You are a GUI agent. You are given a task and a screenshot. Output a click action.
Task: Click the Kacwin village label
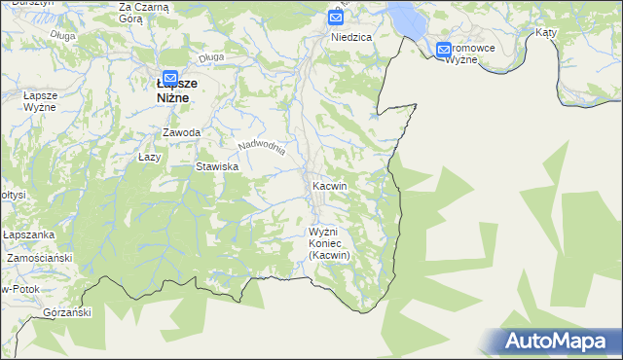coord(329,185)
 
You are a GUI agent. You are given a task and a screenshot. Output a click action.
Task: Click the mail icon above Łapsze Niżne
coord(169,77)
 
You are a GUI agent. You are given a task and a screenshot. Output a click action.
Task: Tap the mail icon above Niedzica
coord(336,18)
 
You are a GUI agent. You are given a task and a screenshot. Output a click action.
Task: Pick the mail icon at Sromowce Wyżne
coord(444,50)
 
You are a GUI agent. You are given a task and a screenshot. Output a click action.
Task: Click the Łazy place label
coord(149,156)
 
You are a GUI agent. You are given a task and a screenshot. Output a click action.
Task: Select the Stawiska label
coord(217,166)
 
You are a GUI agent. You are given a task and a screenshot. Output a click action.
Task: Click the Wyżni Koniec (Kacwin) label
coord(329,243)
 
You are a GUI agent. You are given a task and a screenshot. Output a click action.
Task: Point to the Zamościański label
coord(40,258)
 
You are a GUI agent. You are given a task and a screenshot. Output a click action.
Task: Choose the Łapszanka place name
coord(26,234)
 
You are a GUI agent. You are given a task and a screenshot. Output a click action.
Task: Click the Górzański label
coord(67,312)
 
